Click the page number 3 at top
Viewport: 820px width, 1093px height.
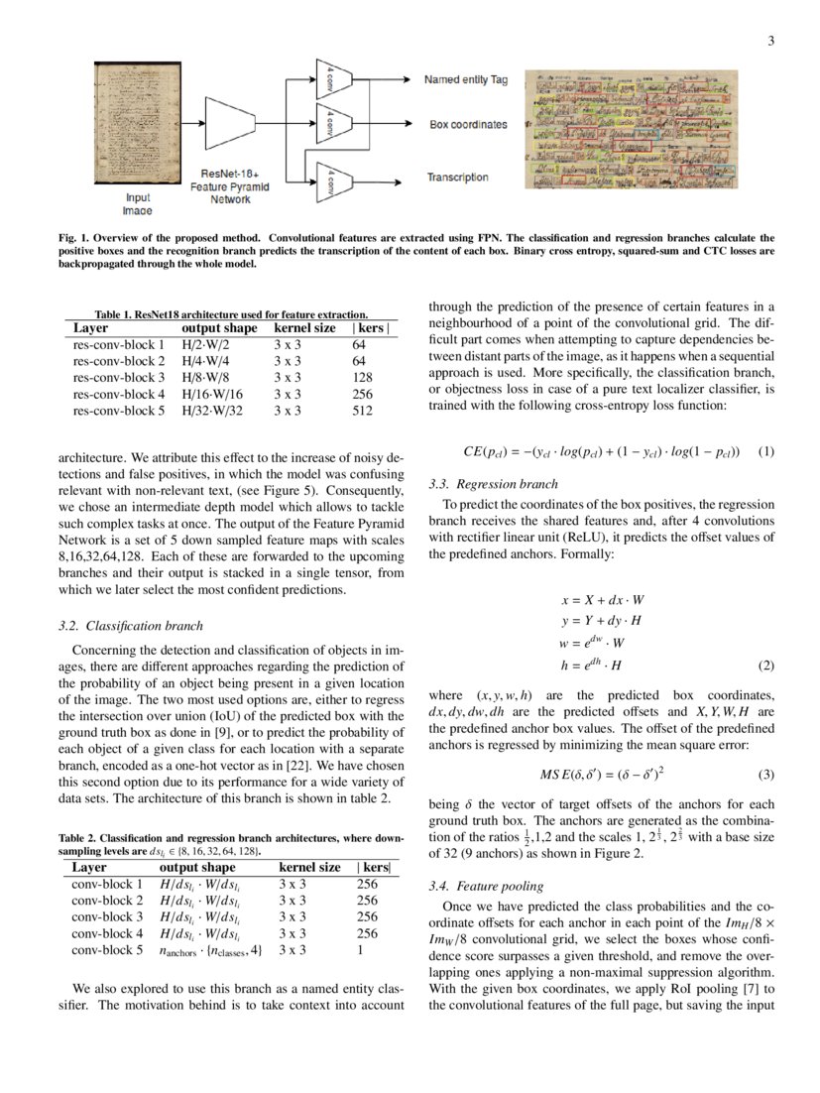tap(769, 41)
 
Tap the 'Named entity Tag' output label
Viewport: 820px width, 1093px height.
tap(466, 79)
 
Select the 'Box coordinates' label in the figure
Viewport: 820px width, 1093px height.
tap(468, 125)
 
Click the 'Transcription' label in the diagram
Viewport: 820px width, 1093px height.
tap(457, 178)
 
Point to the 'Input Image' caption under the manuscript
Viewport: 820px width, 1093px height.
tap(137, 204)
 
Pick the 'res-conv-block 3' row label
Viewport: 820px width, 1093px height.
tap(119, 377)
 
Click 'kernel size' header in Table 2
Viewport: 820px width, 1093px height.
tap(309, 867)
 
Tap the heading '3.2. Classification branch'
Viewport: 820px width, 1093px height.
tap(132, 626)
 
